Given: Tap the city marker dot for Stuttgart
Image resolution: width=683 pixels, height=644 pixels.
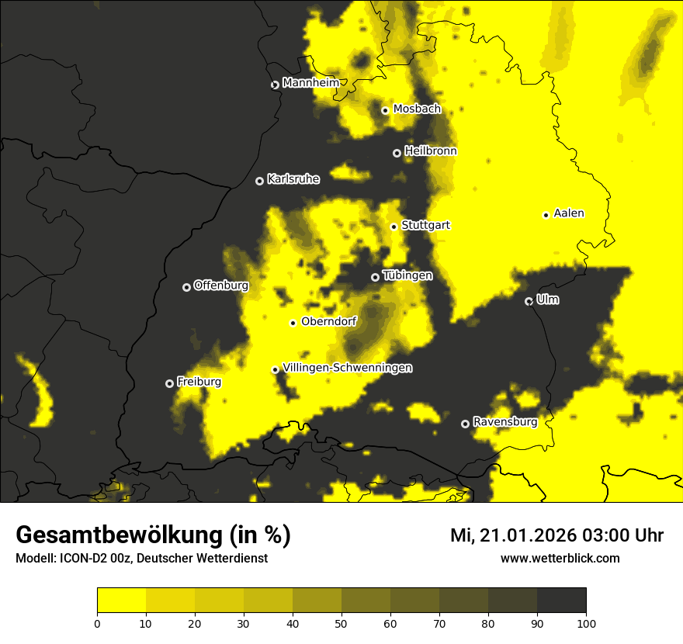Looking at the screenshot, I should point(394,227).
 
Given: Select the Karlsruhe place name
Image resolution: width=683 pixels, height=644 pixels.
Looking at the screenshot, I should point(293,179).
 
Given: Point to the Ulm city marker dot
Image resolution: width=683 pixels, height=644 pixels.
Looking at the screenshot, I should point(529,301).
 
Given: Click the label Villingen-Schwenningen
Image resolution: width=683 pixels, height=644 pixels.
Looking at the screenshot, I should point(347,368).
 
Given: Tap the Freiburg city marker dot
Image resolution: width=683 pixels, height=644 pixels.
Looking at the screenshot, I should point(169,383).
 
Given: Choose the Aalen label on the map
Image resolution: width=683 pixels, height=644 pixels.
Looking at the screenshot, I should point(568,213).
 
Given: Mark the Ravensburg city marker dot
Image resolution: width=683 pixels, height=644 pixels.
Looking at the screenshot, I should point(465,424).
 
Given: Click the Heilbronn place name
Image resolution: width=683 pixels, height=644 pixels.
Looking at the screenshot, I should point(430,151).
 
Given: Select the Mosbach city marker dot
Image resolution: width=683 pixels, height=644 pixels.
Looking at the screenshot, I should point(385,110).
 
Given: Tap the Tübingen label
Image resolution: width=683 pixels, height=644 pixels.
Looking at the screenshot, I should point(407,275).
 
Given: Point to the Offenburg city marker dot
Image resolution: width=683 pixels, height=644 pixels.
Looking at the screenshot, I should point(186,287).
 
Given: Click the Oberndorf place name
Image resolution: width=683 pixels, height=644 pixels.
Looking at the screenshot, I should point(328,321).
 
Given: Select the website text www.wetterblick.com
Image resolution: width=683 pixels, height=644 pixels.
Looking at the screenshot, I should point(560,558).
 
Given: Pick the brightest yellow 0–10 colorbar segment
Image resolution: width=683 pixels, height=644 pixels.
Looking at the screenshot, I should point(121,600).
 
